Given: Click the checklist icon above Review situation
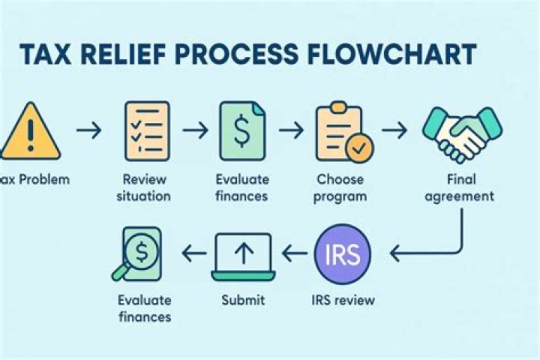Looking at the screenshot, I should coord(146,129).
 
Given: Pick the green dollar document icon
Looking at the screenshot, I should coord(242,129).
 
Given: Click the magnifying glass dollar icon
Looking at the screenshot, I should coord(139,253).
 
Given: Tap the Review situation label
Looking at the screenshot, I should coord(147,187).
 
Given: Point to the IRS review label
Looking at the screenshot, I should coord(343,301).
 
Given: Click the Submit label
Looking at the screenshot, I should coord(243,301).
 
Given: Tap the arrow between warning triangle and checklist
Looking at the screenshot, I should coord(88,130).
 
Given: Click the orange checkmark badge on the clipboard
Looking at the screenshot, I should coord(358,148).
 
